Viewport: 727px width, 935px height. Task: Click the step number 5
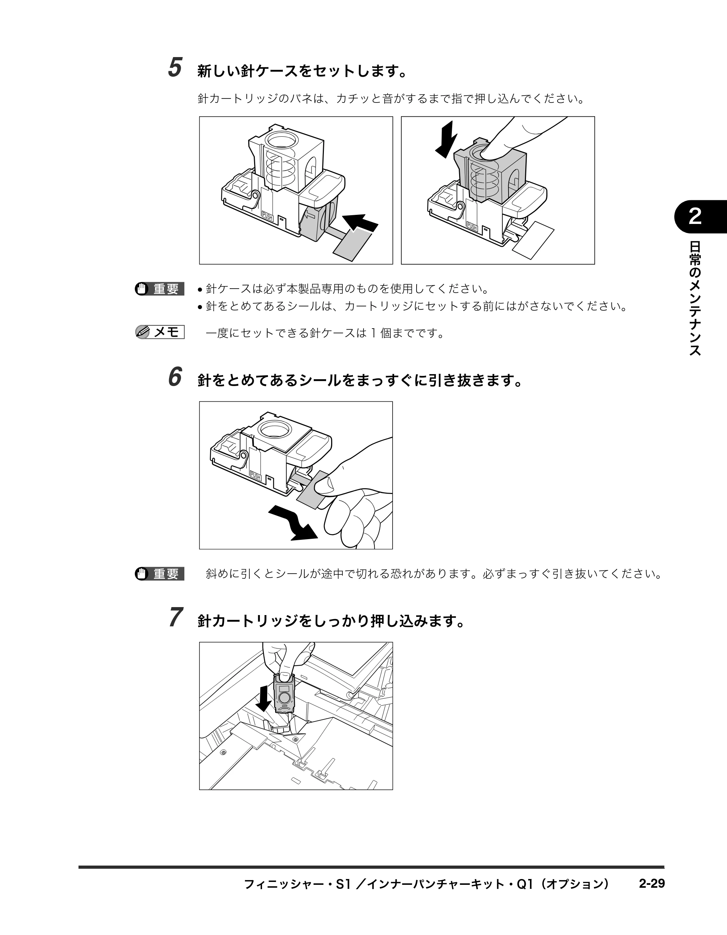175,67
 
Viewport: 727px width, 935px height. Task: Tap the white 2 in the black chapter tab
695,217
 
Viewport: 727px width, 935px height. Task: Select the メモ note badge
160,332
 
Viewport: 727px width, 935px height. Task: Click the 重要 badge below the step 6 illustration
160,574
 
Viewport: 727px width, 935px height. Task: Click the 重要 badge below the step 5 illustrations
160,289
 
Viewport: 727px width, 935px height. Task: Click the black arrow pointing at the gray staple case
361,223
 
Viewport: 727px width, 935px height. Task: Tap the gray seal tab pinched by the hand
313,490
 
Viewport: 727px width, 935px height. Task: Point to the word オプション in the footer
574,884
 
